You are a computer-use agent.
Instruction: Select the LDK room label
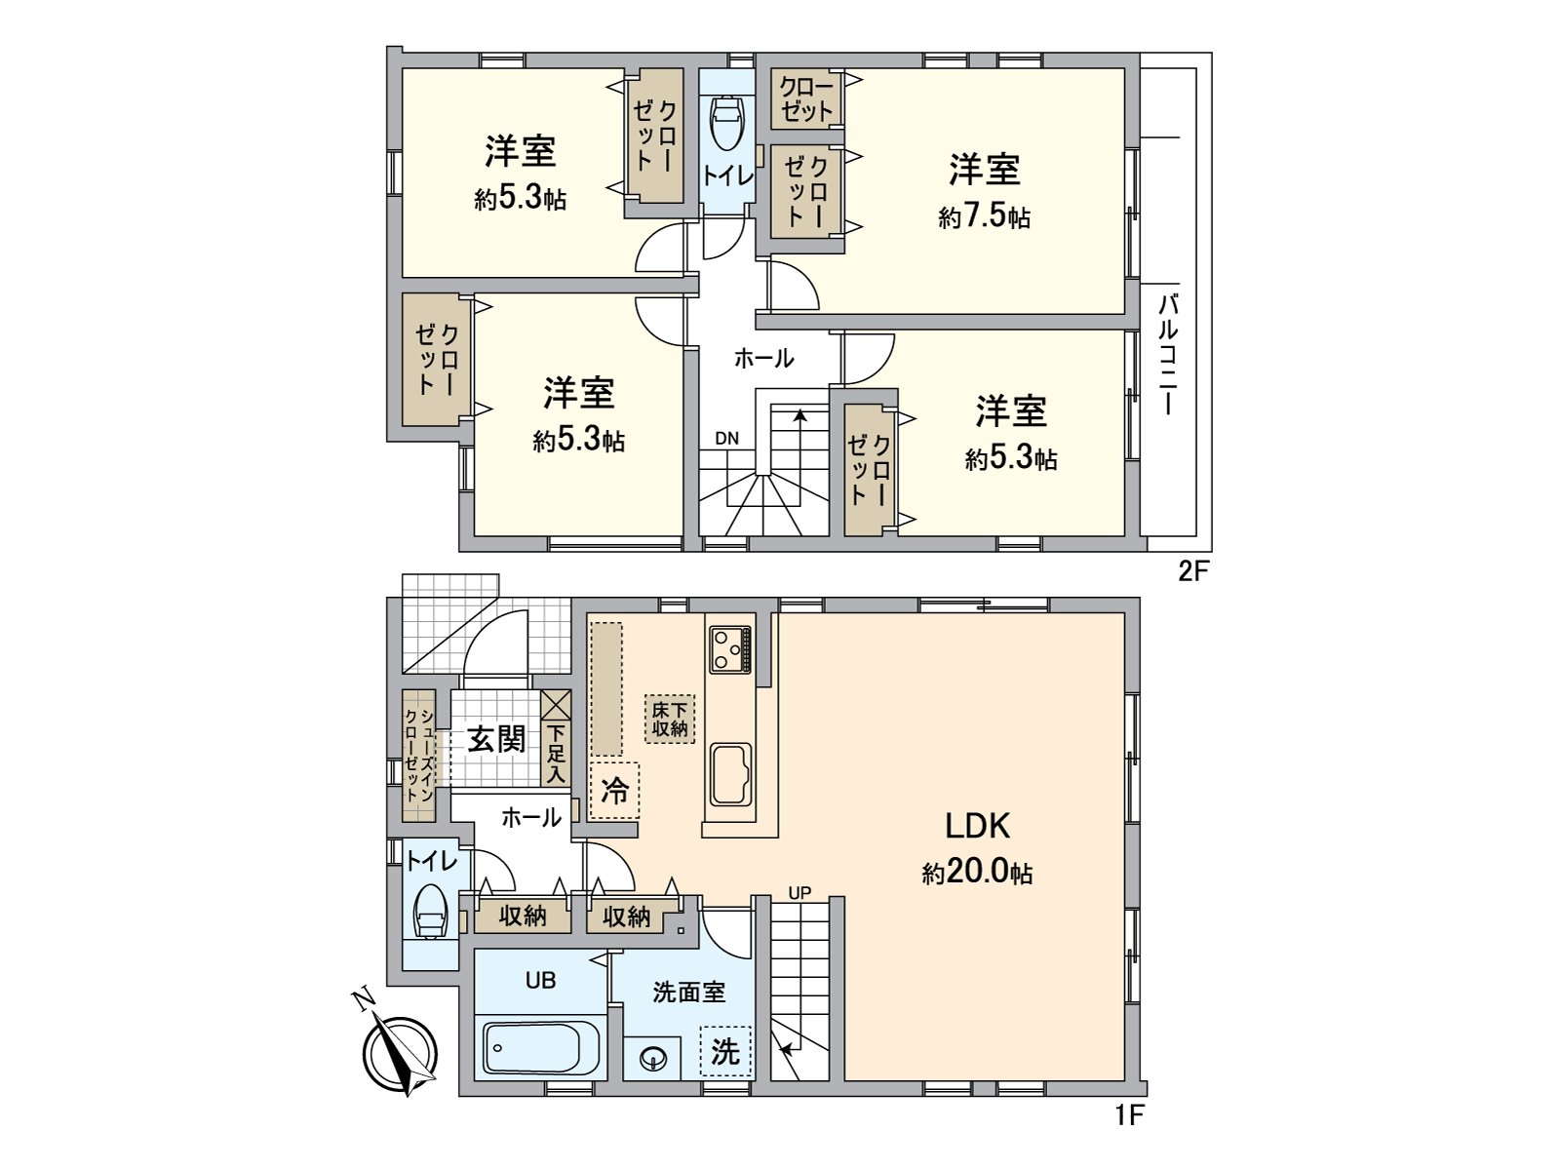[x=977, y=826]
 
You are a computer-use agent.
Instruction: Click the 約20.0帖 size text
[x=977, y=872]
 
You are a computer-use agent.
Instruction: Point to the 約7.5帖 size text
[x=985, y=215]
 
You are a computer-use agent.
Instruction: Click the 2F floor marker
[x=1192, y=571]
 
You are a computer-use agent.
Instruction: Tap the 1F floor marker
[x=1128, y=1114]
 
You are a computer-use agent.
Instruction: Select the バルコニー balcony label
[x=1168, y=355]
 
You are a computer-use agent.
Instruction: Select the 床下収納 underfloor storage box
[x=669, y=720]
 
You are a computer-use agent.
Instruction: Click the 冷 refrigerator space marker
[x=614, y=790]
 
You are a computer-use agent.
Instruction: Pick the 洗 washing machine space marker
[x=725, y=1052]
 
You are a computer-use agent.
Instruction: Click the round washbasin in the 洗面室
[x=652, y=1057]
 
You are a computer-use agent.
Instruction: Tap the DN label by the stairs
[x=726, y=439]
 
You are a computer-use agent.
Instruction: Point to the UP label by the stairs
[x=799, y=892]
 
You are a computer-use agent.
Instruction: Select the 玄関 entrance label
[x=496, y=739]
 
